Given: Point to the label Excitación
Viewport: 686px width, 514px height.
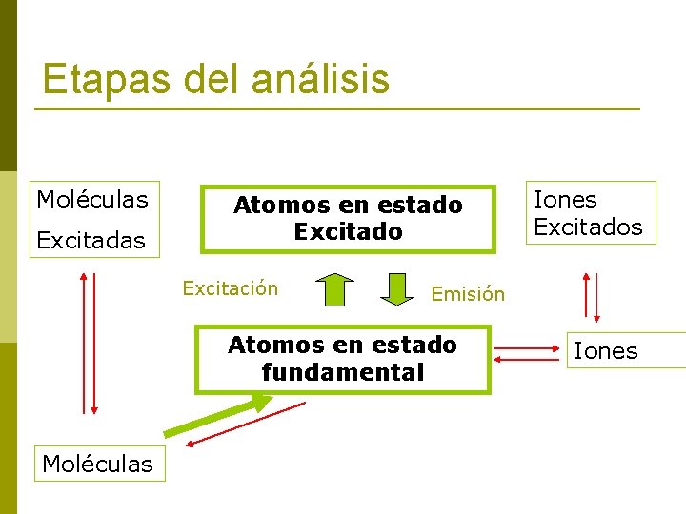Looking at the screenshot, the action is (231, 288).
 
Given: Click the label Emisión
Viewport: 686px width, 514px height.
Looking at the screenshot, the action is (468, 294).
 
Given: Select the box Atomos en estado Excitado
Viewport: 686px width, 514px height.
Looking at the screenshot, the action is (348, 218).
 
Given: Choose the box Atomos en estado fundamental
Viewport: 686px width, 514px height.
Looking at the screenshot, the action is (342, 359).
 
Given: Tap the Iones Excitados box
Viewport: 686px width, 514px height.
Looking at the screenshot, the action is (588, 212).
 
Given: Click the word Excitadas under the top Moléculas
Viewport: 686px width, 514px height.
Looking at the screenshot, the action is (91, 240).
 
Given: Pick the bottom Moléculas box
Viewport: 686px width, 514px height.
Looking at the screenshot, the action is (97, 464).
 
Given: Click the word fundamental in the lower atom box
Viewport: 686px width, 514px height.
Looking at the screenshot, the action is (342, 372).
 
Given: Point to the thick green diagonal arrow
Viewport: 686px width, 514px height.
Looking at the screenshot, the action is (219, 416).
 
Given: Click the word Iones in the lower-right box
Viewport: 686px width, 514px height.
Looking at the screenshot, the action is (606, 351).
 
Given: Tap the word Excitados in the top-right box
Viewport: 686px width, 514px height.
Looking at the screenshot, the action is (588, 227).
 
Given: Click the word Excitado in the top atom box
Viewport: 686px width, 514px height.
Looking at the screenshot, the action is (348, 231).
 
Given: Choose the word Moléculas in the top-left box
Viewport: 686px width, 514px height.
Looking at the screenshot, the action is (92, 199).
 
